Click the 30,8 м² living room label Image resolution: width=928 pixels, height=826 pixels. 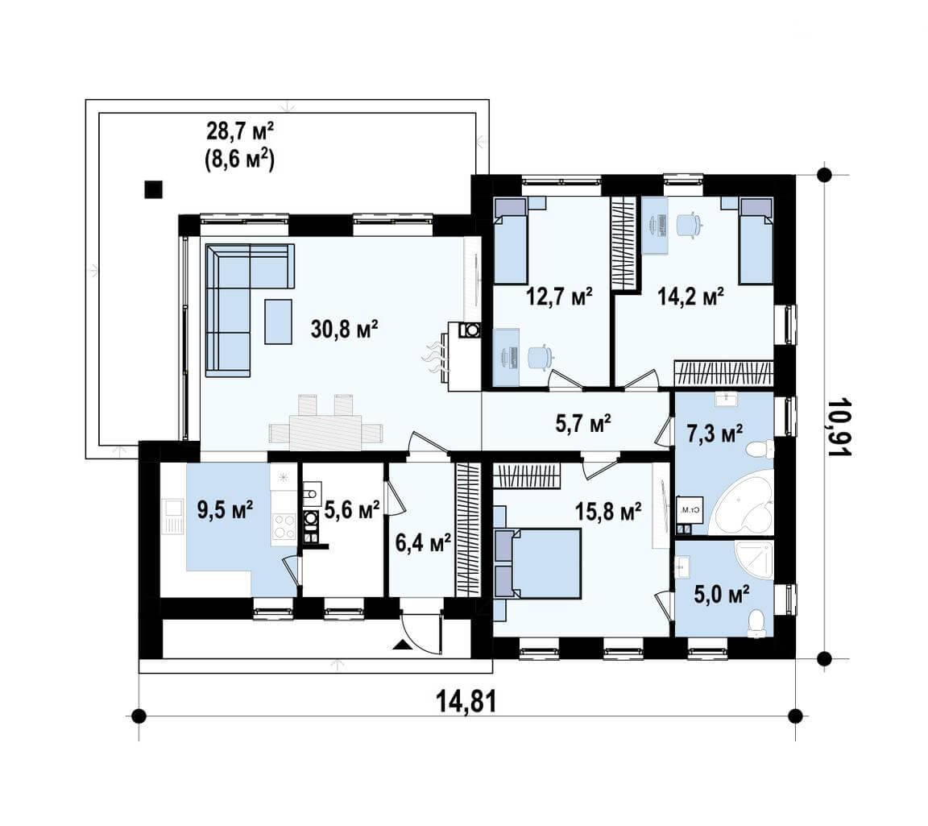click(x=345, y=330)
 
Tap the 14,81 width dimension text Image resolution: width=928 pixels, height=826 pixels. click(x=466, y=702)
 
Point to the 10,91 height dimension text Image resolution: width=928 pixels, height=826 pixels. click(x=839, y=427)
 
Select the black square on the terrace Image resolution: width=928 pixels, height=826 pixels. click(x=154, y=189)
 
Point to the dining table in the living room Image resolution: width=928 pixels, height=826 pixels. click(x=325, y=432)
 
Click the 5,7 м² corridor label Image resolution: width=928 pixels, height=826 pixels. click(x=583, y=423)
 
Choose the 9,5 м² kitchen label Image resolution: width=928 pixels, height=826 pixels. click(x=226, y=508)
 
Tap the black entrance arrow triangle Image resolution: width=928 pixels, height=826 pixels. click(x=401, y=645)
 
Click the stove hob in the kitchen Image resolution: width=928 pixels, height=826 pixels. click(x=284, y=526)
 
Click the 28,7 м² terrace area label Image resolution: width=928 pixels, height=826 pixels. click(x=240, y=131)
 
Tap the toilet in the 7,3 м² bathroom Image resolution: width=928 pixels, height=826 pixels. click(x=760, y=450)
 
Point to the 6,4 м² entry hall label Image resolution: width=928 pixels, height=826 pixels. click(x=423, y=542)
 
